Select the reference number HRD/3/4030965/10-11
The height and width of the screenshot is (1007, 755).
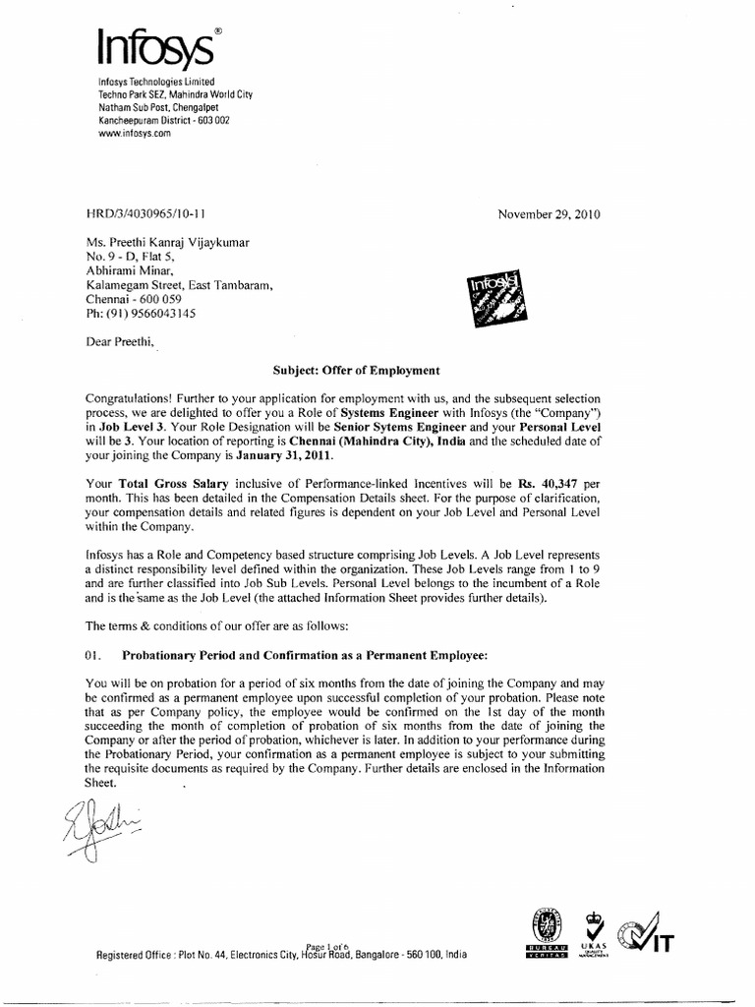pos(146,213)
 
